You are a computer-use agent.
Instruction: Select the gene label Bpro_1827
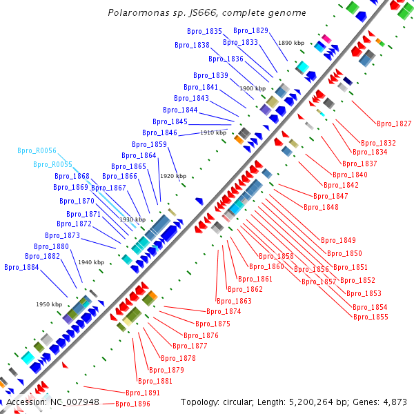pos(394,124)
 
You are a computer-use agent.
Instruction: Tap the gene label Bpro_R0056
pos(37,150)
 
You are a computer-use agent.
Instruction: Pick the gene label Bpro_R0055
pos(52,164)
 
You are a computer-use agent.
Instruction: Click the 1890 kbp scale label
pos(290,43)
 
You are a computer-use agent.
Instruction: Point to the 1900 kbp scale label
pos(252,89)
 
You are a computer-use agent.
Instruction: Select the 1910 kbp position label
pos(213,132)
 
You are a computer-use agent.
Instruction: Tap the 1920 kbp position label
pos(172,176)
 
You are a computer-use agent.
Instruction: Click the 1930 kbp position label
pos(132,219)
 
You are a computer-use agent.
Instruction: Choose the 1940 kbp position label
pos(91,262)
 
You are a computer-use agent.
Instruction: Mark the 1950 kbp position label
pos(49,304)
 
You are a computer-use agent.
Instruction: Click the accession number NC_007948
pos(72,402)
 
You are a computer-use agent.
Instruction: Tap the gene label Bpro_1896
pos(132,404)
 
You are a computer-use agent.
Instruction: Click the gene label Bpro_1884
pos(21,267)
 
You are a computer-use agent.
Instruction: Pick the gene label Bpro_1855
pos(371,317)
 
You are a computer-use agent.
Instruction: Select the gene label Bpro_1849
pos(338,240)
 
